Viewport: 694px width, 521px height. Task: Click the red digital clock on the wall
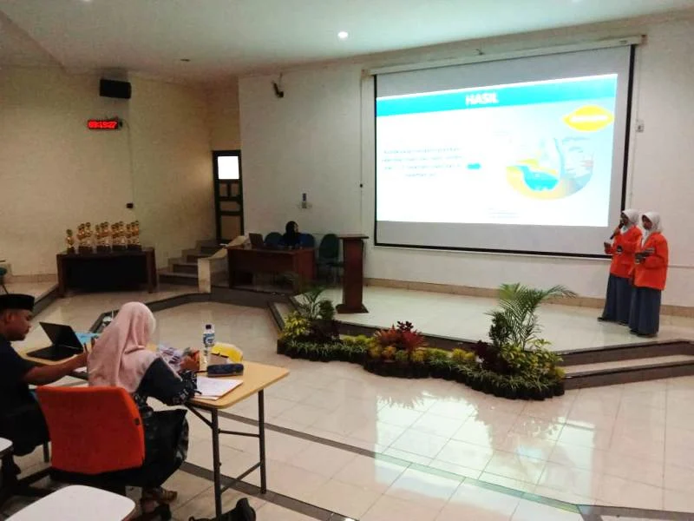(x=103, y=124)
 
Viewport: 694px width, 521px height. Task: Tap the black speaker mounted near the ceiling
(x=115, y=88)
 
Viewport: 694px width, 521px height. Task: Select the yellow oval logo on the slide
(x=587, y=118)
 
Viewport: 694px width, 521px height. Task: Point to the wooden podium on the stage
(x=352, y=273)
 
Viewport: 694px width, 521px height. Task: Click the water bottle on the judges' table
(x=208, y=339)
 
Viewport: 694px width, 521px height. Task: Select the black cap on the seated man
(x=16, y=302)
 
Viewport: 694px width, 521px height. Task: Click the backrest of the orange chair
(x=90, y=429)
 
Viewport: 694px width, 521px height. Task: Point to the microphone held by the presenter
(x=615, y=231)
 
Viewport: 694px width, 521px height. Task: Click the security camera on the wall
(x=278, y=88)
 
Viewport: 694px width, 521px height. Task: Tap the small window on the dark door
(x=228, y=167)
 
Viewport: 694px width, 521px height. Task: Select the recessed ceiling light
(x=343, y=35)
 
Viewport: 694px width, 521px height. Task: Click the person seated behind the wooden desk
(x=291, y=234)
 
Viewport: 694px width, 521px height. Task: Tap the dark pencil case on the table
(x=225, y=369)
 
